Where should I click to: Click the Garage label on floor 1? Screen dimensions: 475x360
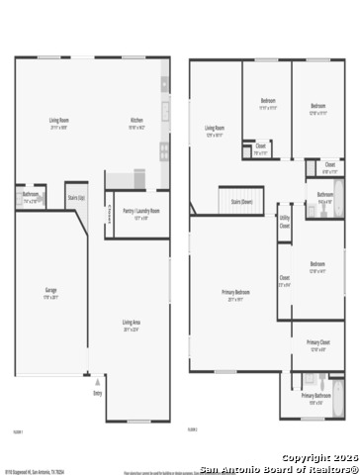click(x=50, y=291)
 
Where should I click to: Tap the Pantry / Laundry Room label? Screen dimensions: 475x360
click(x=140, y=211)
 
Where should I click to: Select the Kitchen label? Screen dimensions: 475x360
click(x=136, y=123)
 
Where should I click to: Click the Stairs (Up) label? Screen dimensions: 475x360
click(x=76, y=198)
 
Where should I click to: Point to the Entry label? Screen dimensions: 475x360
click(x=97, y=393)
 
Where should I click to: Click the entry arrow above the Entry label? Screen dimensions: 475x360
click(x=97, y=377)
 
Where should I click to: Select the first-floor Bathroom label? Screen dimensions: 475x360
click(x=31, y=195)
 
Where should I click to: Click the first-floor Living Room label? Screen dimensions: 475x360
click(x=58, y=123)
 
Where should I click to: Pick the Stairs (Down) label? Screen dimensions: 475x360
click(x=242, y=201)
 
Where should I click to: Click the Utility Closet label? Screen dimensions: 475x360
click(x=284, y=222)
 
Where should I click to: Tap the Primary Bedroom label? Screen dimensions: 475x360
click(x=235, y=294)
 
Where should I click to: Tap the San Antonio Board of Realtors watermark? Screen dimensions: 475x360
click(x=279, y=469)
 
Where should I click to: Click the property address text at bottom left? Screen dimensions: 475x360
click(x=35, y=471)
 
